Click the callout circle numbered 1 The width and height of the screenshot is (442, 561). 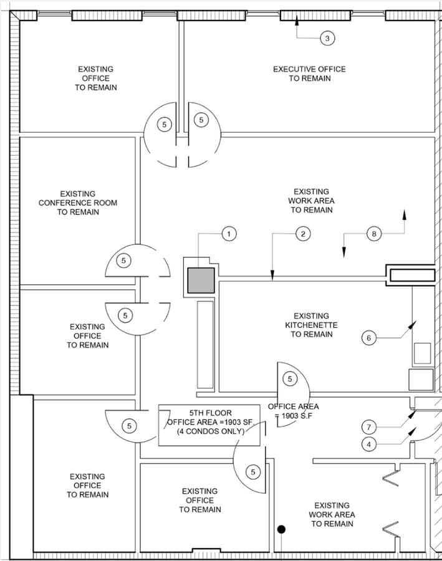click(229, 234)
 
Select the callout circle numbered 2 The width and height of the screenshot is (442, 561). click(302, 234)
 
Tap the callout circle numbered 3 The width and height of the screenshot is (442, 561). click(328, 39)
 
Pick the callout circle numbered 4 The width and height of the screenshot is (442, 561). click(369, 444)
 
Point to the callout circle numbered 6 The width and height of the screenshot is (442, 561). click(368, 338)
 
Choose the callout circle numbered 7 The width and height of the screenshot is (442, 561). click(369, 427)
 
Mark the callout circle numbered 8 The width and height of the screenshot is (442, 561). click(374, 234)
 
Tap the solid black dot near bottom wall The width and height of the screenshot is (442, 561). click(281, 530)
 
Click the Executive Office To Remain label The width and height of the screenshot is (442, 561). click(309, 74)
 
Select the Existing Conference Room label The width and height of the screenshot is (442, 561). click(78, 203)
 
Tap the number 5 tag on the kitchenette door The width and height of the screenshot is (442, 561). click(289, 378)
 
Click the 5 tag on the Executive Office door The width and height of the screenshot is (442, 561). click(201, 120)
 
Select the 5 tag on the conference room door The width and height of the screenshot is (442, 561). click(124, 260)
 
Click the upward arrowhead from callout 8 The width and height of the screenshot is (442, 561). click(405, 214)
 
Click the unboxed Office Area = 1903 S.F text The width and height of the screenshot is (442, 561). click(293, 411)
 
